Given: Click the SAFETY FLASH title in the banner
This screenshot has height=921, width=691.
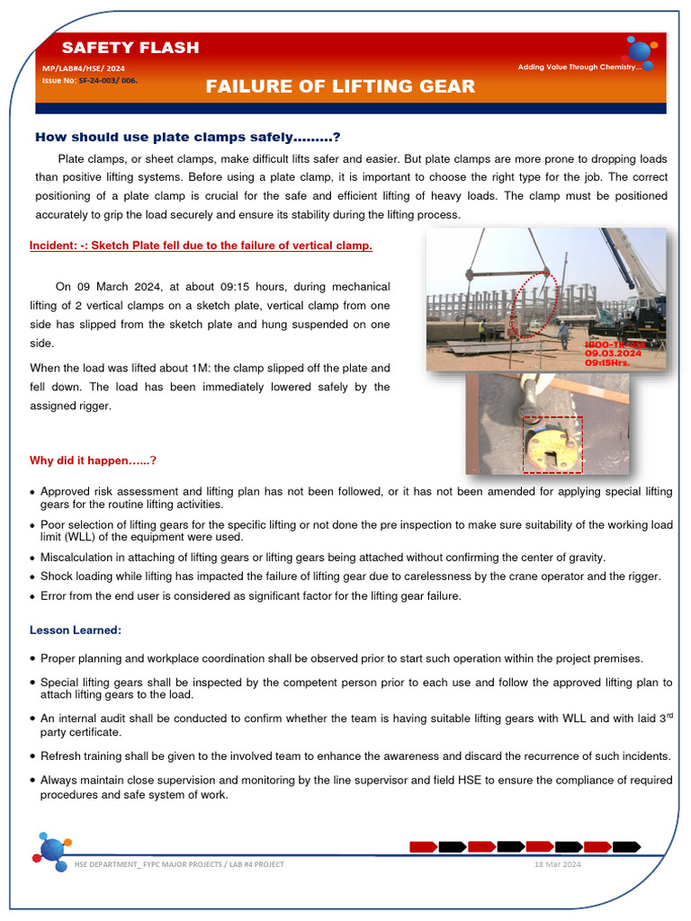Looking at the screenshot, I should (x=130, y=48).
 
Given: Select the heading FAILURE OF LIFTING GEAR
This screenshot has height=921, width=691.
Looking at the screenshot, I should (x=340, y=86).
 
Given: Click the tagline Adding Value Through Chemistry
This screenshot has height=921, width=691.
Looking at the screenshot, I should (x=579, y=67).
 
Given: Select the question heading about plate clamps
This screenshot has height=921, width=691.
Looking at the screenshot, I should (x=187, y=137).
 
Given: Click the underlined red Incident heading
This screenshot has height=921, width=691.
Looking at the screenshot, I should (x=201, y=245).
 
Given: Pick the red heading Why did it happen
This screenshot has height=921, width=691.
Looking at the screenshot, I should (x=94, y=460).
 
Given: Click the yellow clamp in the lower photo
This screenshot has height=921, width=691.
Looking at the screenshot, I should (x=550, y=445).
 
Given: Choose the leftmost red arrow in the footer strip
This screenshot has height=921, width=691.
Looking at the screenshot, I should (x=423, y=846).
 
